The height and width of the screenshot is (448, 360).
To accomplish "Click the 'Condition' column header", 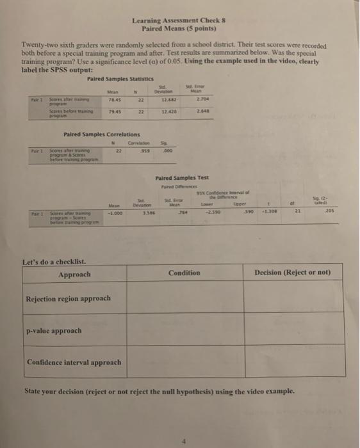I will (x=184, y=273).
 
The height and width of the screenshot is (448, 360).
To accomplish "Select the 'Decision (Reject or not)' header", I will (x=291, y=273).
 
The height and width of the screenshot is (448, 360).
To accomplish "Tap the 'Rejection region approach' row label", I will (x=67, y=298).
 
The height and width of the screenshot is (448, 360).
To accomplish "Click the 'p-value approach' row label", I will (x=53, y=331).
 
